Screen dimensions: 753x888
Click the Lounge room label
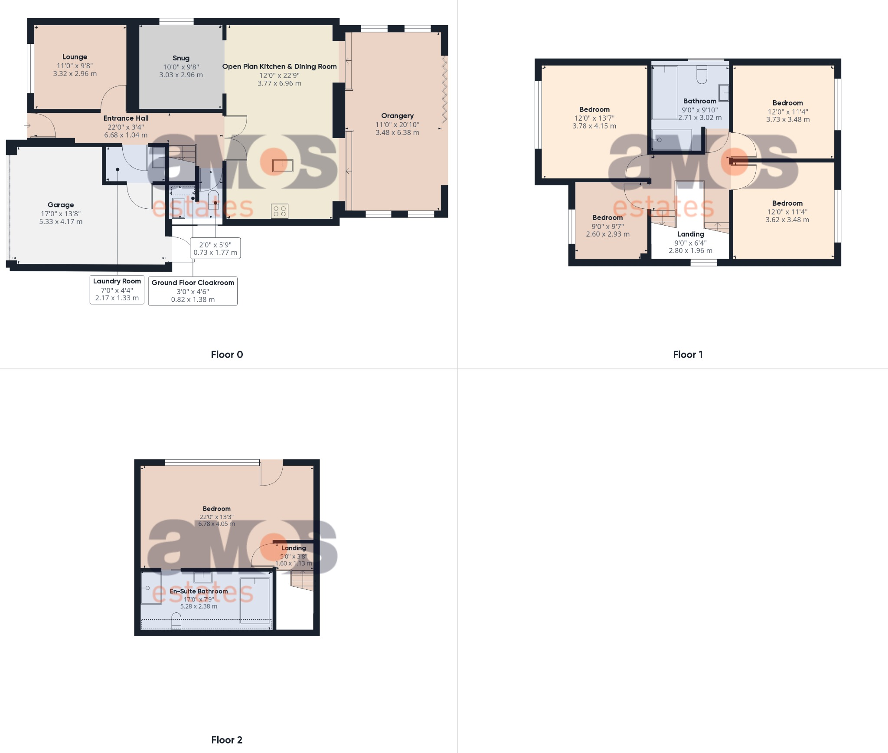[x=75, y=57]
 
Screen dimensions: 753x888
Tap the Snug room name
[x=181, y=58]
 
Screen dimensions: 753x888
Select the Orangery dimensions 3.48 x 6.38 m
[x=397, y=133]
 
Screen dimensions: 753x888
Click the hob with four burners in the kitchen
[x=280, y=211]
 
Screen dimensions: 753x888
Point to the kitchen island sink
[x=282, y=165]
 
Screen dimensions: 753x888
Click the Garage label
[x=61, y=205]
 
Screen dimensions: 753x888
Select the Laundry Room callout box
[x=117, y=289]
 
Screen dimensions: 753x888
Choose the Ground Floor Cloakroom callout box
[x=193, y=291]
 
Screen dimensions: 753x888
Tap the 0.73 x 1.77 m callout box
[x=215, y=249]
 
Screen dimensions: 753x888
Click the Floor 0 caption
[x=227, y=355]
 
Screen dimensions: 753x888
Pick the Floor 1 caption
[x=688, y=355]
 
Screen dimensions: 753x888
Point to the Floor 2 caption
[x=227, y=740]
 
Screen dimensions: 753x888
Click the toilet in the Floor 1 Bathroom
[x=702, y=75]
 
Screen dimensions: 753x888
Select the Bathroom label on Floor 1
[x=700, y=101]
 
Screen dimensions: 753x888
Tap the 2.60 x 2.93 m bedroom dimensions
[x=607, y=234]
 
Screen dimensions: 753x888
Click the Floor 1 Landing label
[x=691, y=234]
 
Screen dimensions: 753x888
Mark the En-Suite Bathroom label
[x=199, y=591]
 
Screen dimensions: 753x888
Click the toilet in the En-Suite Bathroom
[x=176, y=621]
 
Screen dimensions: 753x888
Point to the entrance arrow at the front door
[x=27, y=126]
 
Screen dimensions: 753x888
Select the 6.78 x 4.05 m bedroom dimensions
[x=217, y=524]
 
